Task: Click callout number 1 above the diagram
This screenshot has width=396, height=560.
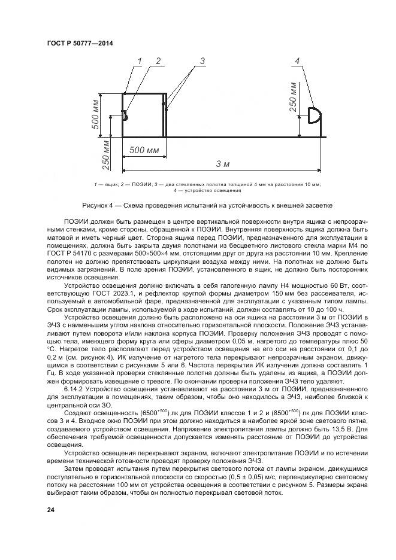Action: (139, 61)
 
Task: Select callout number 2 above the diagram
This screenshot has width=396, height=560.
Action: (158, 61)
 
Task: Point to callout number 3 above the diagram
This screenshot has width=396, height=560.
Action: (202, 61)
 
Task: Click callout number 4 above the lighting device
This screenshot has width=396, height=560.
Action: (298, 61)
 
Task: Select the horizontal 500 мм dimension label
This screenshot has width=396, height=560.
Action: (144, 150)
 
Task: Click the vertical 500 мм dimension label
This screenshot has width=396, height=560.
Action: (95, 115)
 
